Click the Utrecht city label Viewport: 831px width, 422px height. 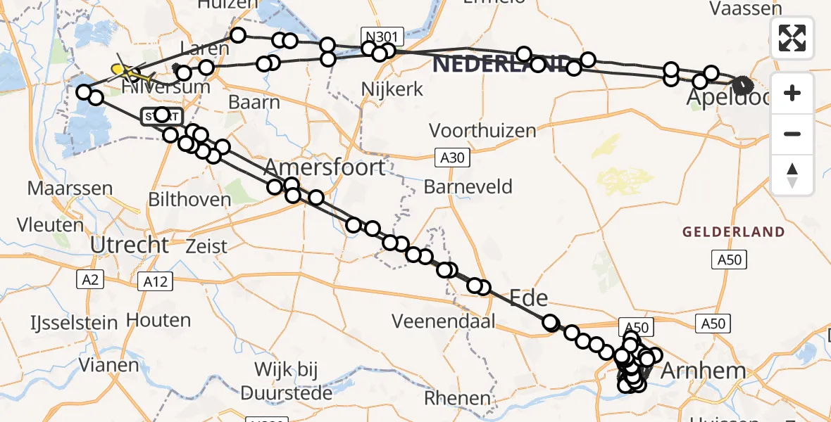[130, 245]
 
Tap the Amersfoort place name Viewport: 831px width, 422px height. [325, 167]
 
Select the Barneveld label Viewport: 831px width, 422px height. [468, 187]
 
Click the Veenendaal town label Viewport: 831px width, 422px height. [444, 321]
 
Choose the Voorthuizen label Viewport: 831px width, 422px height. [482, 130]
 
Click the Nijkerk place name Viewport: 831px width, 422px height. [391, 89]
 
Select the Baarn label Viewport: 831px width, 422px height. [254, 102]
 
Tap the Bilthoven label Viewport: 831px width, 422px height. [189, 199]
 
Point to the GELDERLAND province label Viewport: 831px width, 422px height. [732, 231]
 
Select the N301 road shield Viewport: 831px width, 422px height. [383, 35]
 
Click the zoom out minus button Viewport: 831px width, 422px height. [792, 134]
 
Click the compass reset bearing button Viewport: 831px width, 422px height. [792, 174]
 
